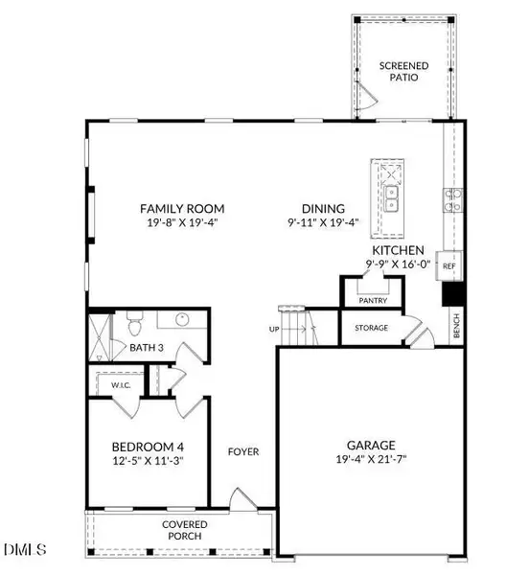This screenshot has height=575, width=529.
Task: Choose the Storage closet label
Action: [371, 329]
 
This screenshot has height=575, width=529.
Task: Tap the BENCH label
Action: [456, 328]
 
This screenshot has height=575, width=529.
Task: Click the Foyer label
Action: [243, 451]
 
